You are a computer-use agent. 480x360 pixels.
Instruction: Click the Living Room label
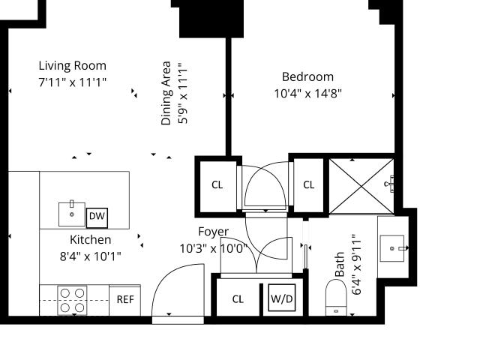pyautogui.click(x=73, y=66)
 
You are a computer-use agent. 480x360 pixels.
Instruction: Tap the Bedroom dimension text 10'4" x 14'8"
pyautogui.click(x=307, y=93)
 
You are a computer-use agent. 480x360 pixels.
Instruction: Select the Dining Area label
pyautogui.click(x=166, y=93)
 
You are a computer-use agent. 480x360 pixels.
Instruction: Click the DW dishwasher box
pyautogui.click(x=97, y=218)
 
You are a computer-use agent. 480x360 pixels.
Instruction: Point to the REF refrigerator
pyautogui.click(x=125, y=300)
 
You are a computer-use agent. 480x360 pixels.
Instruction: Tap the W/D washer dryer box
pyautogui.click(x=282, y=298)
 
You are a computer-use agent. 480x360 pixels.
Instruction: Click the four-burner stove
pyautogui.click(x=72, y=301)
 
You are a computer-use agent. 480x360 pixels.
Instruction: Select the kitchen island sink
pyautogui.click(x=72, y=214)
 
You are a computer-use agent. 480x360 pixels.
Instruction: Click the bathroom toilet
pyautogui.click(x=336, y=298)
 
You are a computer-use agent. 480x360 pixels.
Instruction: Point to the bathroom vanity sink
pyautogui.click(x=392, y=248)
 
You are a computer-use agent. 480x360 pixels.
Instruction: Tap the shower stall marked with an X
pyautogui.click(x=361, y=186)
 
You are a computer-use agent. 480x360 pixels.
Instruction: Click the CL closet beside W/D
pyautogui.click(x=238, y=299)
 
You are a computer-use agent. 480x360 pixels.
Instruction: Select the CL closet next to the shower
pyautogui.click(x=308, y=185)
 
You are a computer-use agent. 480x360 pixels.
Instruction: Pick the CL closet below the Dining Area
pyautogui.click(x=217, y=185)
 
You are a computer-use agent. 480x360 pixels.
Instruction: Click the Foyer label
pyautogui.click(x=213, y=232)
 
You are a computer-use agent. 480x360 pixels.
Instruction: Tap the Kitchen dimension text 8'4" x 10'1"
pyautogui.click(x=90, y=256)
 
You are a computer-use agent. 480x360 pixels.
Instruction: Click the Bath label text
pyautogui.click(x=340, y=265)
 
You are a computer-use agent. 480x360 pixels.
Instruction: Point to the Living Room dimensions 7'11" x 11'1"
pyautogui.click(x=73, y=82)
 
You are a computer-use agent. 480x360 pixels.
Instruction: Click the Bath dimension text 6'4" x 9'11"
pyautogui.click(x=357, y=265)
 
